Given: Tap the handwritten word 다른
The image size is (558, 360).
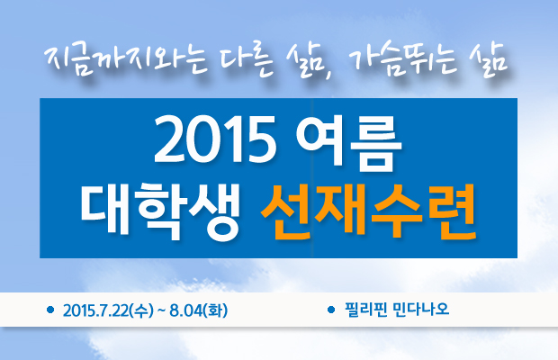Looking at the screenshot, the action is (247, 61).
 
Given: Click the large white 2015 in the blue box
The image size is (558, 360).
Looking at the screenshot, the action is (215, 139).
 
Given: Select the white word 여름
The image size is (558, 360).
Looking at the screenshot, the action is (349, 141).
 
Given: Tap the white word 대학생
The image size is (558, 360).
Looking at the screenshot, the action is (160, 212).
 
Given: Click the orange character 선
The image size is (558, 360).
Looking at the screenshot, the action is (287, 212).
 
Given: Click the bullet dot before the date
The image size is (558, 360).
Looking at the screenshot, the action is (50, 310).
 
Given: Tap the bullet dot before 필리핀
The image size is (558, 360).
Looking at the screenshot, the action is (331, 310).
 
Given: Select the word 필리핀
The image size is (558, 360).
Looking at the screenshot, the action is (365, 310).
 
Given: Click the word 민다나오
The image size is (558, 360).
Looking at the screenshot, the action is (421, 310).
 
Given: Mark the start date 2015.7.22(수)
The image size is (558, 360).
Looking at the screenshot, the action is (108, 310).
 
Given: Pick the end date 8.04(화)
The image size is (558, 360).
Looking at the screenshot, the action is (199, 310).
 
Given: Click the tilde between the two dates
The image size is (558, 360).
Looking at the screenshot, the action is (162, 311).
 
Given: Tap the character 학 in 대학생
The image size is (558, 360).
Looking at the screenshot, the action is (160, 212).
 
